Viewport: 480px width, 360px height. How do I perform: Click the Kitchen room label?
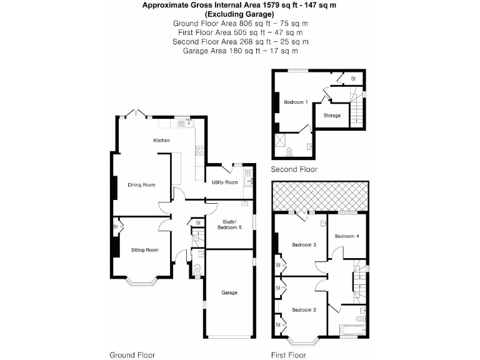pos(162,141)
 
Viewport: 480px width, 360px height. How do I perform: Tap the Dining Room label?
pos(141,185)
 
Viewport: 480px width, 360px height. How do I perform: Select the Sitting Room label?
pos(144,250)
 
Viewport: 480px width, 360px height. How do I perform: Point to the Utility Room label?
pos(224,182)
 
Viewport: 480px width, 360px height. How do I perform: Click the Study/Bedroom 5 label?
pos(228,224)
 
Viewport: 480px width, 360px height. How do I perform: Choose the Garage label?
pos(229,292)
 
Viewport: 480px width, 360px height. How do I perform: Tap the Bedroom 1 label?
pos(296,102)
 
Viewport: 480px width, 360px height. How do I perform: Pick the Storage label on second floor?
pos(332,116)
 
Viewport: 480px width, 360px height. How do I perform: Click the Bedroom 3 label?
pos(301,245)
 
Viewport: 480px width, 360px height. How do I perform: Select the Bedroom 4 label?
pos(347,236)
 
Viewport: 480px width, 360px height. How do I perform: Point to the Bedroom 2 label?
pos(304,310)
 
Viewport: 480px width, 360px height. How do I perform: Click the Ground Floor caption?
pos(132,355)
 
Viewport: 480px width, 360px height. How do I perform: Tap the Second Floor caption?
pos(294,169)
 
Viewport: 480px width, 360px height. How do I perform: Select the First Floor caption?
pos(289,355)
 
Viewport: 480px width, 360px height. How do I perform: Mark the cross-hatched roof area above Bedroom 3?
pos(319,196)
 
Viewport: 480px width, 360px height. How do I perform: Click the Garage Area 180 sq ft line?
pos(241,51)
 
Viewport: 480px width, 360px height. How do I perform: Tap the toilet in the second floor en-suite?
pos(289,151)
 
